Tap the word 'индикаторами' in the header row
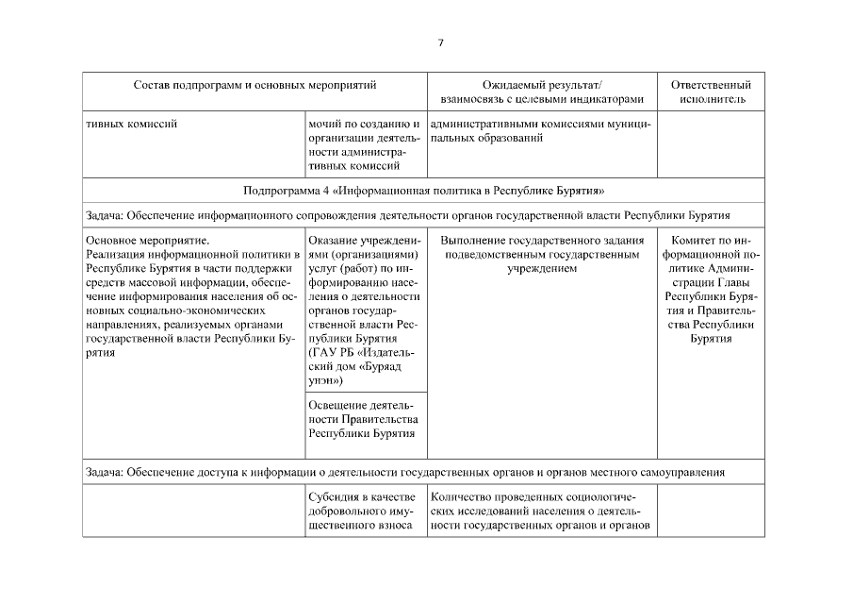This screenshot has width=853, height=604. pyautogui.click(x=611, y=99)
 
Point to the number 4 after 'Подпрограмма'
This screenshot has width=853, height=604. pyautogui.click(x=321, y=190)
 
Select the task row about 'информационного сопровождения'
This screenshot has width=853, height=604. pyautogui.click(x=422, y=214)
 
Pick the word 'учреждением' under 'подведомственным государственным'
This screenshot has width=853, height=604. pyautogui.click(x=542, y=268)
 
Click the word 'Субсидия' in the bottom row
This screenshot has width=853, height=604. pyautogui.click(x=334, y=496)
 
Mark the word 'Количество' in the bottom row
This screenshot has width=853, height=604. pyautogui.click(x=463, y=496)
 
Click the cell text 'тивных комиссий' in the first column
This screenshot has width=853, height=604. pyautogui.click(x=131, y=123)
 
